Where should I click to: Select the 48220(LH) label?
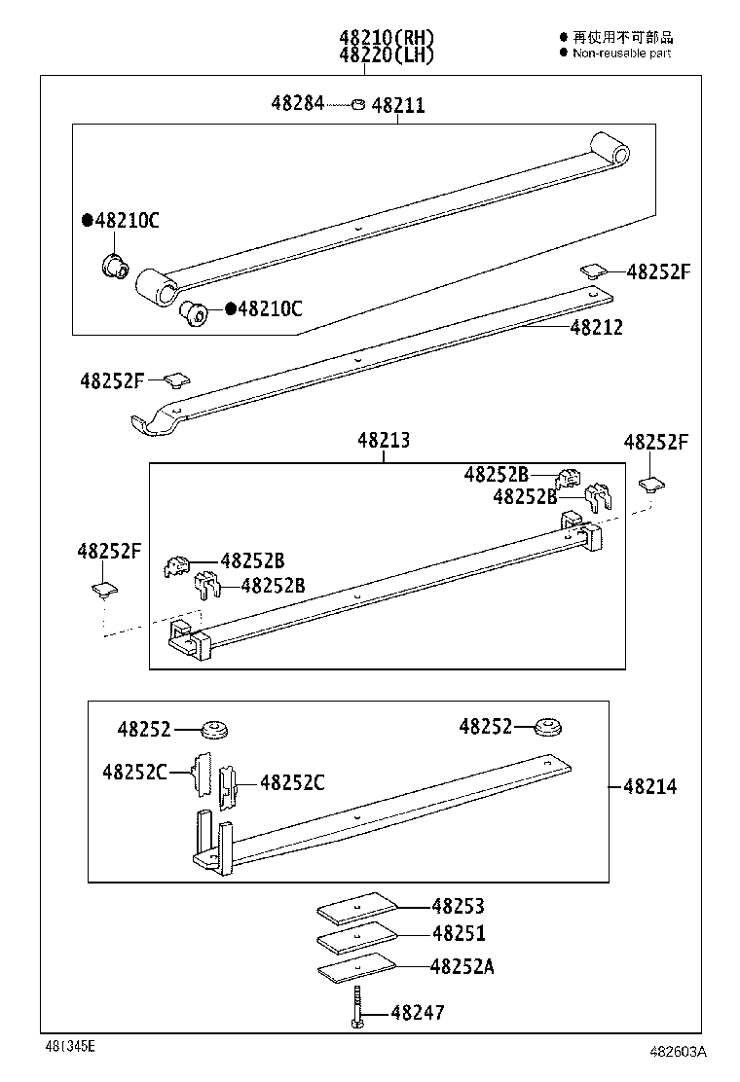(387, 55)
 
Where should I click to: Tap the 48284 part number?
(298, 103)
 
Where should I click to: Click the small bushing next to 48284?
(358, 103)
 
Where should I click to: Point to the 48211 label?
(398, 105)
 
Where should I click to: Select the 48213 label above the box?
(384, 441)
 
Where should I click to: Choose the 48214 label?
(650, 786)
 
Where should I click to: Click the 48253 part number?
(458, 906)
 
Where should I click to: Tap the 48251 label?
(458, 934)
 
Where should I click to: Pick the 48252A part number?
(462, 966)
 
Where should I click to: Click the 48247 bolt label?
(418, 1013)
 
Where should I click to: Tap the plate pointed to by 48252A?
(357, 969)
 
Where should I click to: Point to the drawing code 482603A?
(678, 1052)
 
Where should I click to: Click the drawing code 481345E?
(68, 1046)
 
